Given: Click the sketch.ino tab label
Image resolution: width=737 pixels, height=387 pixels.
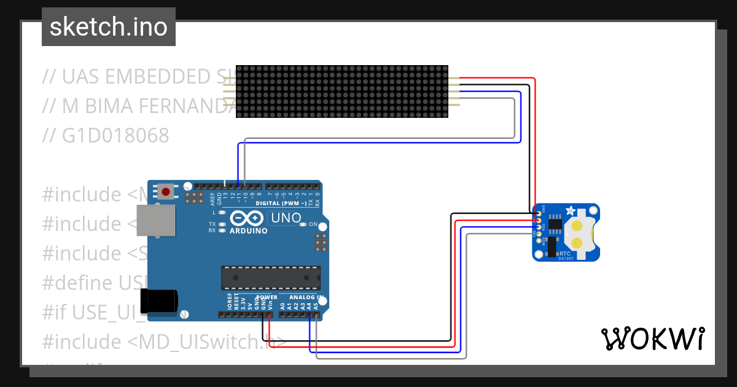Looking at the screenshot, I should [109, 27].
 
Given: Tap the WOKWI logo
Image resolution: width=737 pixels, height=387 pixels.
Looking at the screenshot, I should [652, 338].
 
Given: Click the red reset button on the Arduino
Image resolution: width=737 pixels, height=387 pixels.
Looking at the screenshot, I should [166, 192].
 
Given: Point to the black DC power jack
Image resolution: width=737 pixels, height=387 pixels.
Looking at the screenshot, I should [160, 301].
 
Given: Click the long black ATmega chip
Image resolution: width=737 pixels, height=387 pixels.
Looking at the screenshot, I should [271, 277].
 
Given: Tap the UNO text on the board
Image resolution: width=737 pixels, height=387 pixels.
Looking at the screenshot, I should [286, 218].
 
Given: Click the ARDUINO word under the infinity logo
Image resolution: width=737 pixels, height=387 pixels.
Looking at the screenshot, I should [248, 231].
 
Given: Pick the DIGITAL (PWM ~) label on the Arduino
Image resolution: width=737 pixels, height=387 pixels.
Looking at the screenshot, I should [279, 203].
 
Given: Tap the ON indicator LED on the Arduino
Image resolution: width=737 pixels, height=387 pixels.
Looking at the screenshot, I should [303, 224].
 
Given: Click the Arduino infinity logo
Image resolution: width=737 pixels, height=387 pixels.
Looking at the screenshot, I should [248, 218].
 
